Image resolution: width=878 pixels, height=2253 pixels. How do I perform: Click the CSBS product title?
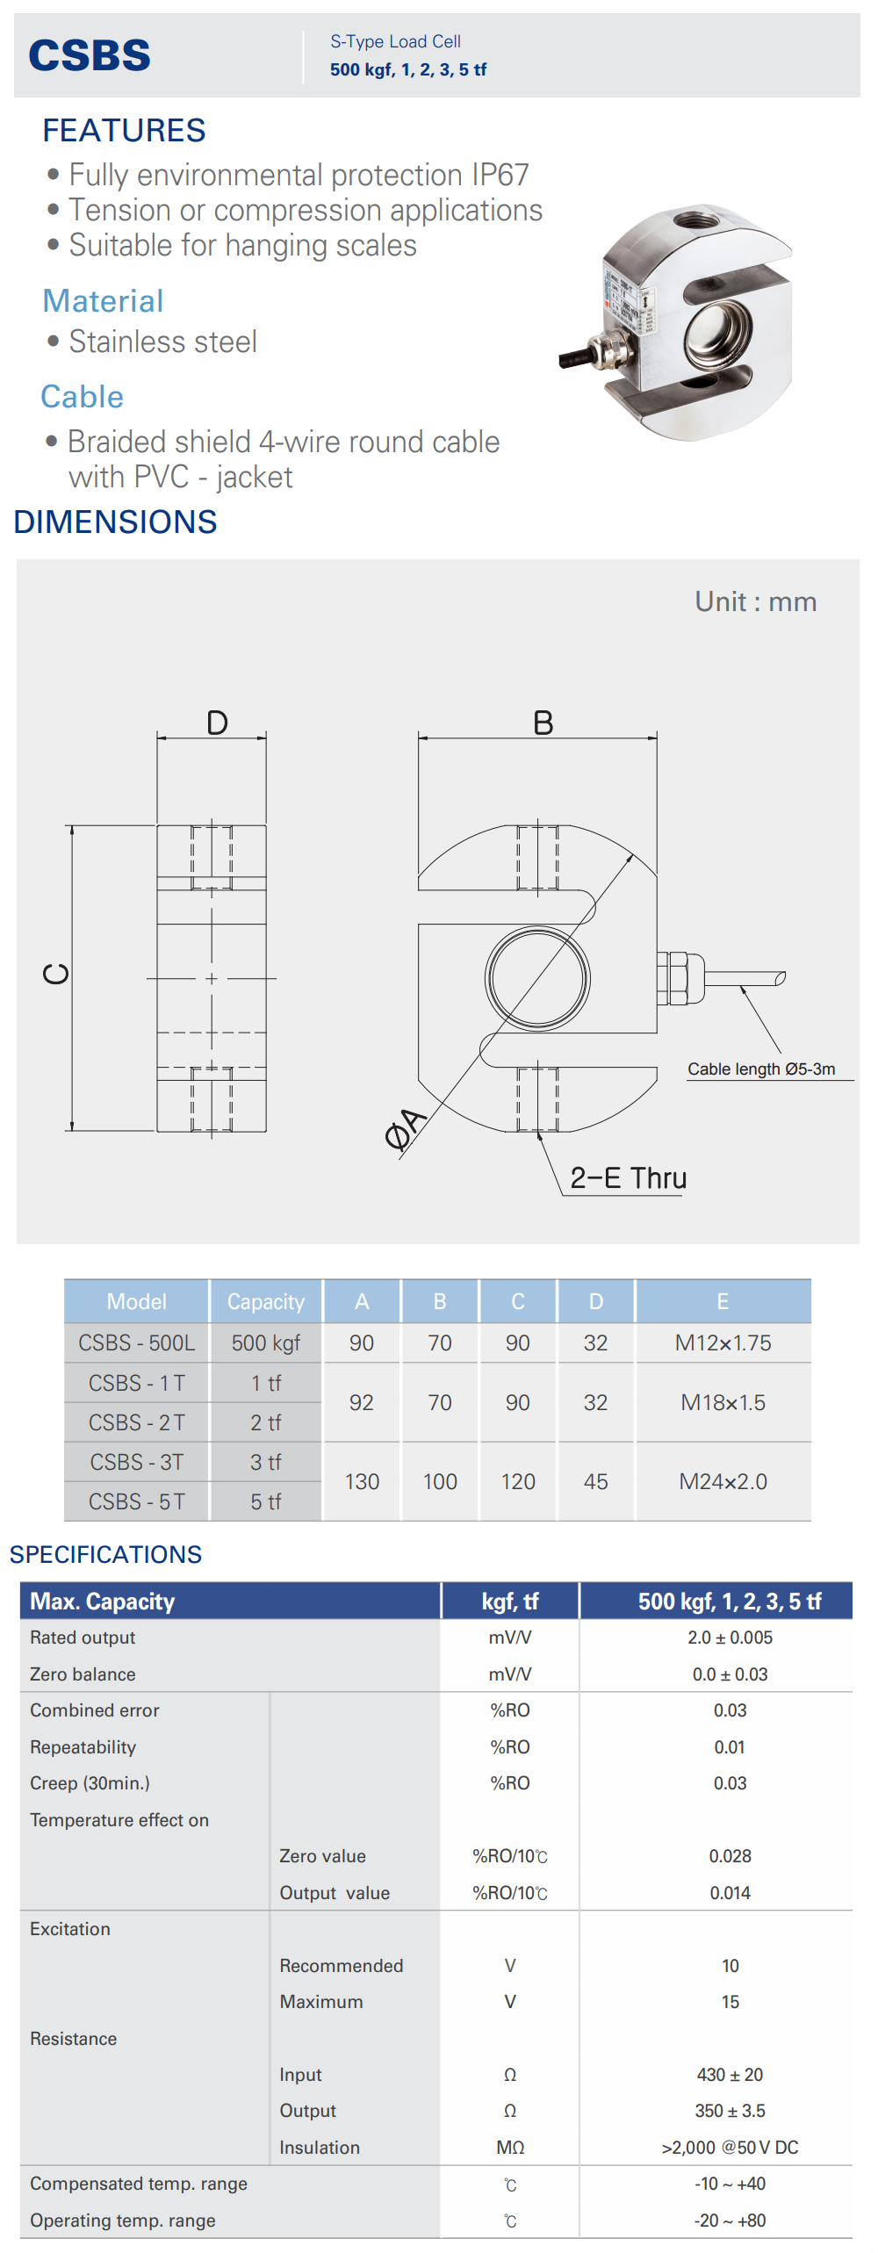(90, 55)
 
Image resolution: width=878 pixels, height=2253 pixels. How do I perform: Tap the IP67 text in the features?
(500, 175)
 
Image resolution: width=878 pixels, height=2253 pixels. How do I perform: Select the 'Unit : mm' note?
(756, 601)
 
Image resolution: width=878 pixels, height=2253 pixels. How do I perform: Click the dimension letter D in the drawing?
(217, 723)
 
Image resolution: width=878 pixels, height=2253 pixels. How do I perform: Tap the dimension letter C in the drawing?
(56, 974)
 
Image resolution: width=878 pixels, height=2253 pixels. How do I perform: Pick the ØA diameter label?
(405, 1129)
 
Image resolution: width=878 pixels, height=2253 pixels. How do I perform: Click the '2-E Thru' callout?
(629, 1177)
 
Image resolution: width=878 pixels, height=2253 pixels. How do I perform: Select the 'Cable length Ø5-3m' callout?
(761, 1069)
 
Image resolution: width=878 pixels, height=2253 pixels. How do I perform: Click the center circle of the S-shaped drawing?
(537, 978)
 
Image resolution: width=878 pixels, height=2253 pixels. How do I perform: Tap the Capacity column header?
(266, 1301)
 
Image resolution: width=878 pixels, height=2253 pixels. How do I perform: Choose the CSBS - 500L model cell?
(137, 1342)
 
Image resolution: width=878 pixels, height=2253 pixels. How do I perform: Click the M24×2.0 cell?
(723, 1481)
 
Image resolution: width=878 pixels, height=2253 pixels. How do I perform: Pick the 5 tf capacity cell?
(266, 1501)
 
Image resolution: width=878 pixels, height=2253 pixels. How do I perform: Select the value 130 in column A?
(362, 1481)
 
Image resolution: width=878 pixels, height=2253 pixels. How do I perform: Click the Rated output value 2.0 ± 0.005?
(730, 1638)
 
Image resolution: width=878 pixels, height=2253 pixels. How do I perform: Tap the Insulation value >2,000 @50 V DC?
(730, 2148)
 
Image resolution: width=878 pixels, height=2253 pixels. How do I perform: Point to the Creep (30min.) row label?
(90, 1783)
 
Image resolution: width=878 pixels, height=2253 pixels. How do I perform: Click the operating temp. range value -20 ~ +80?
(730, 2221)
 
